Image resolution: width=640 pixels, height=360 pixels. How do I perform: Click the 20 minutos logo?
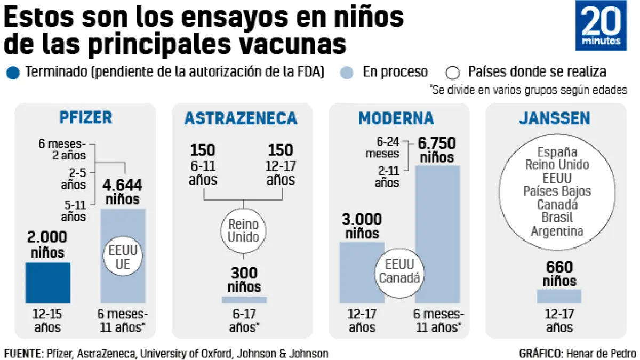(601, 26)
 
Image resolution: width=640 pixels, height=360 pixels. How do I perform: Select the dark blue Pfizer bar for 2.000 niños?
(48, 283)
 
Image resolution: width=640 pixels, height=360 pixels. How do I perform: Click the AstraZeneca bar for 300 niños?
(244, 300)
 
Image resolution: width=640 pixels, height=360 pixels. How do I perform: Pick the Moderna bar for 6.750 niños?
(437, 235)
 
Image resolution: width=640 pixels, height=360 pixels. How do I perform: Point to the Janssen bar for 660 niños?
(559, 296)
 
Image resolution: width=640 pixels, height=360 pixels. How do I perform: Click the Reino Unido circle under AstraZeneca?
(244, 230)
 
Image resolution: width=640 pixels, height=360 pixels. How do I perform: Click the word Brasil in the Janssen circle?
(557, 218)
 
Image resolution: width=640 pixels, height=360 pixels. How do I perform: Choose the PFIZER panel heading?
(86, 117)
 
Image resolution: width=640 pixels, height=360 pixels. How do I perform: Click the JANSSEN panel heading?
(555, 117)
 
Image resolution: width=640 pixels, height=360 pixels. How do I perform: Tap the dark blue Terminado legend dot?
(14, 72)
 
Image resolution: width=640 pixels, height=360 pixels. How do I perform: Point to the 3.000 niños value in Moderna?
(362, 226)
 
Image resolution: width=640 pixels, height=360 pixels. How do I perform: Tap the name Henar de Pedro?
(601, 353)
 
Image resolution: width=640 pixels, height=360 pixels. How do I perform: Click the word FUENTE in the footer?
(22, 353)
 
